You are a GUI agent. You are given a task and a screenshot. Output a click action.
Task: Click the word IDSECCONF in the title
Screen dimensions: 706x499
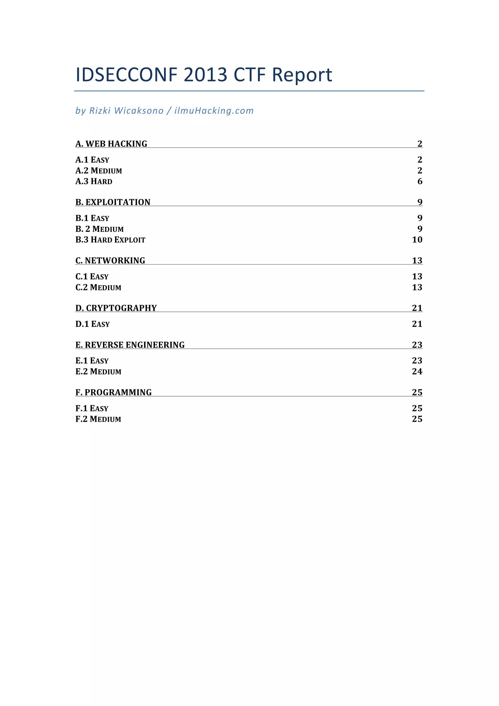point(126,75)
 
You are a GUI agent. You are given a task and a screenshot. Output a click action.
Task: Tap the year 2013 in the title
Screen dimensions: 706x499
point(205,75)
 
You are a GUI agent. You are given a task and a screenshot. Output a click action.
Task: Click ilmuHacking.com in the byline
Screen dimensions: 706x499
point(214,111)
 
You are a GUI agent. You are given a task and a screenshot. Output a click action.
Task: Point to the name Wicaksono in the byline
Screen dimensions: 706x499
point(139,111)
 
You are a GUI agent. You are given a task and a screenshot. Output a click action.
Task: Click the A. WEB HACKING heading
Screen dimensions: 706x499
point(111,144)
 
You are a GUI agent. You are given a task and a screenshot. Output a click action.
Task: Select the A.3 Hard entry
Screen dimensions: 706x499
point(94,181)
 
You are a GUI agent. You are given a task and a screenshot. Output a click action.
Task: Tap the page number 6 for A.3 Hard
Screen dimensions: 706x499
point(420,181)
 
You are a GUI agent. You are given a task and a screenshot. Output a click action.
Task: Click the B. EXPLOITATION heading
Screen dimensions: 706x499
point(113,202)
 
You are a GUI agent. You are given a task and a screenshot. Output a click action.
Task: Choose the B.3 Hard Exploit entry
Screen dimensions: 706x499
point(110,240)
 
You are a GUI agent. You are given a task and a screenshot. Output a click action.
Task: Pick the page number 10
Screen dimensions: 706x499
point(417,240)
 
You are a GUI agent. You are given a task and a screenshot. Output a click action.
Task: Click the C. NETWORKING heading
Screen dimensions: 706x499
point(110,260)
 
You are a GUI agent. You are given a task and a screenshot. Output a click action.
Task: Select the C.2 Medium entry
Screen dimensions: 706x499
point(98,287)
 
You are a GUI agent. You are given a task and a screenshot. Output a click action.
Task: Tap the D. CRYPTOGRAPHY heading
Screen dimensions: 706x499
point(116,308)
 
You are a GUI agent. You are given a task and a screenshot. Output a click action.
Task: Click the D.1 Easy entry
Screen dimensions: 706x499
point(93,324)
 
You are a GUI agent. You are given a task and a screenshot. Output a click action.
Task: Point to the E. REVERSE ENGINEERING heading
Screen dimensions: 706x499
point(130,345)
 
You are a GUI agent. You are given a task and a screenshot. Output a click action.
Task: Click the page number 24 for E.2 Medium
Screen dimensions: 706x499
point(417,372)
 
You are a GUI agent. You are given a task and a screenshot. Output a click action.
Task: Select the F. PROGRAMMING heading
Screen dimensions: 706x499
point(113,392)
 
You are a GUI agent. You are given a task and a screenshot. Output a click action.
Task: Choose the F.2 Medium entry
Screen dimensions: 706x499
point(98,419)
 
